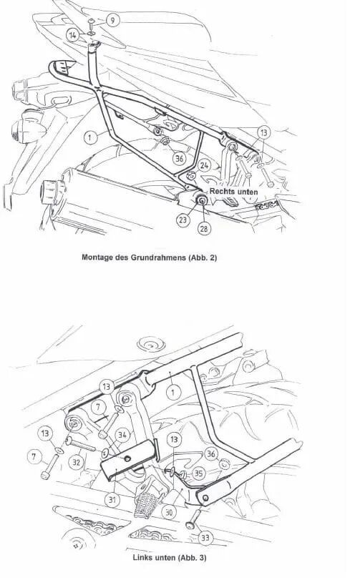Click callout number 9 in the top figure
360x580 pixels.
[112, 19]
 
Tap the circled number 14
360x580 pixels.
[73, 36]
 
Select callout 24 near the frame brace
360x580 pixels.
[205, 165]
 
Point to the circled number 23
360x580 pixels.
[183, 220]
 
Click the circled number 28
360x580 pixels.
[204, 229]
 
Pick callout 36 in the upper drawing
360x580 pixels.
[180, 158]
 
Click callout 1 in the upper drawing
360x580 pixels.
[91, 137]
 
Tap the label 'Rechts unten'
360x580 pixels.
[234, 192]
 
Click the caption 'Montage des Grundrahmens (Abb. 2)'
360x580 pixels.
[149, 257]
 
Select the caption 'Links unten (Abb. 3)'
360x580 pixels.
[170, 557]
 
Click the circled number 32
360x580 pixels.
[76, 462]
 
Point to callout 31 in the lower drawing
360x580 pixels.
[112, 500]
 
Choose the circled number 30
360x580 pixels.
[169, 512]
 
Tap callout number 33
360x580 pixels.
[205, 538]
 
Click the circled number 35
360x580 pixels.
[199, 473]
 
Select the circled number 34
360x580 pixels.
[122, 435]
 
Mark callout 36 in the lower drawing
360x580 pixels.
[211, 454]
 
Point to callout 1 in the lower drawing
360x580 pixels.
[173, 392]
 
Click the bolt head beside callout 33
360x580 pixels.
[190, 524]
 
